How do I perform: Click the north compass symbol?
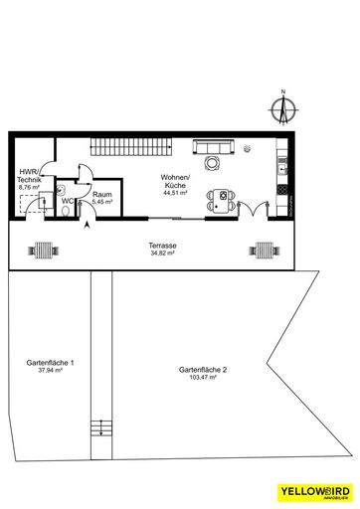pos(282,105)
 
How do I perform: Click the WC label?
pos(68,201)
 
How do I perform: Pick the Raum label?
pos(101,195)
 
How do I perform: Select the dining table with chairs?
pos(222,200)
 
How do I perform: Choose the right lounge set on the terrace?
pos(265,250)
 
